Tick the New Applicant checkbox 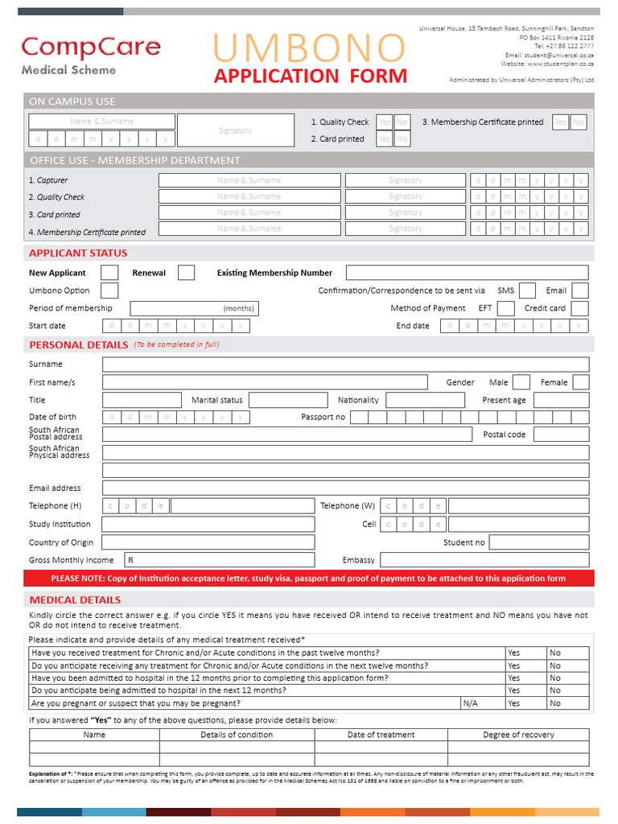(x=110, y=273)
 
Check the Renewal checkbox (x=186, y=273)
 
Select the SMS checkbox (x=528, y=290)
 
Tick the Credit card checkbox (x=580, y=308)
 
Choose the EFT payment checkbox (x=506, y=308)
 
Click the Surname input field (x=345, y=365)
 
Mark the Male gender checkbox (x=521, y=382)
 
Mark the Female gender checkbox (x=580, y=382)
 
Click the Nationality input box (x=426, y=400)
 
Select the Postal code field (x=561, y=435)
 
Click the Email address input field (x=345, y=488)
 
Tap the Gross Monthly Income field (x=219, y=560)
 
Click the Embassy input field (x=484, y=560)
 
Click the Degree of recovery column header (x=518, y=735)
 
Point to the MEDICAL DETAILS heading (x=75, y=599)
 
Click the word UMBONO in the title (x=310, y=48)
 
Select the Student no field (x=538, y=542)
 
